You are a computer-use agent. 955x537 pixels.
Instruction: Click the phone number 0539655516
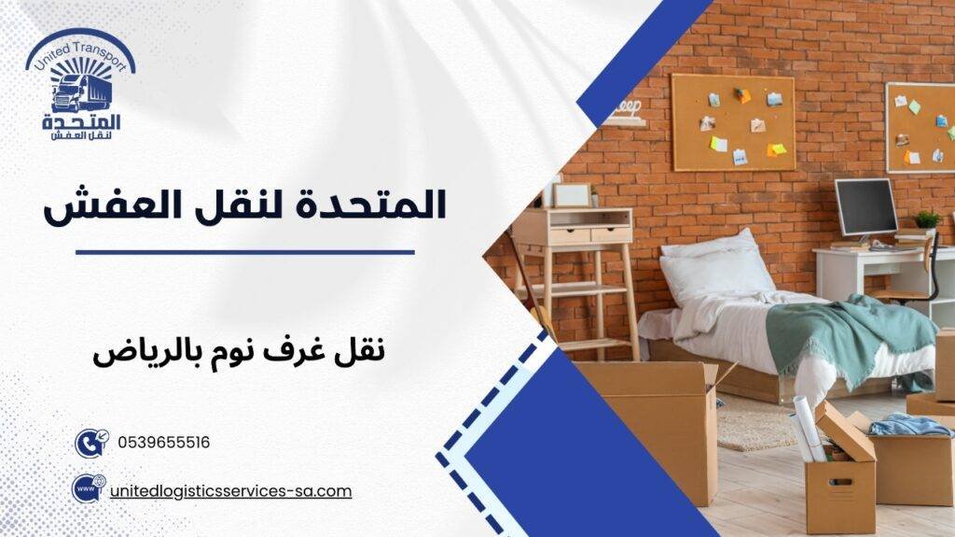point(164,443)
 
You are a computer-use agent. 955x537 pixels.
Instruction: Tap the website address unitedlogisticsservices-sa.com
point(230,490)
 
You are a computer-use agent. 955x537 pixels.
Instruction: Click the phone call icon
point(90,443)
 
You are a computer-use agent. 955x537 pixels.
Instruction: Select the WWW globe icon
point(88,489)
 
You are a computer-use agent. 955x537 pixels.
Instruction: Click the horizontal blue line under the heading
point(244,251)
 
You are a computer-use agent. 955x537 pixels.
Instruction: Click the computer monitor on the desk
point(865,208)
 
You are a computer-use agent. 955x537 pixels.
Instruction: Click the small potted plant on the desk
point(927,221)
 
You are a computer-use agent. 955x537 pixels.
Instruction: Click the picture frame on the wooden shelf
point(572,194)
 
